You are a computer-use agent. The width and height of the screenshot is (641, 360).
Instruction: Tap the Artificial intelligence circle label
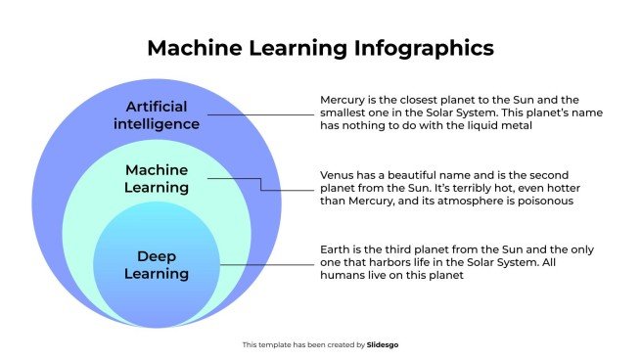(x=162, y=114)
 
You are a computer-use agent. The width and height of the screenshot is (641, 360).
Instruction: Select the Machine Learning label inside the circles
(x=157, y=178)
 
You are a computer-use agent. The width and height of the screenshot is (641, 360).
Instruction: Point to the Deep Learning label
(x=157, y=264)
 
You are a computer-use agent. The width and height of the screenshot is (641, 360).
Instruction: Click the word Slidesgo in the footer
(x=383, y=344)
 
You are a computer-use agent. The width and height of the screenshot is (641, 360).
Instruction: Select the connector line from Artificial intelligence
(x=259, y=114)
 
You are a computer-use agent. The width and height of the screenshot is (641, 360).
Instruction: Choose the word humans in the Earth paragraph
(x=343, y=276)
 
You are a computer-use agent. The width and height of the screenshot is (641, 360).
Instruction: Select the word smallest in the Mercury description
(x=348, y=113)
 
